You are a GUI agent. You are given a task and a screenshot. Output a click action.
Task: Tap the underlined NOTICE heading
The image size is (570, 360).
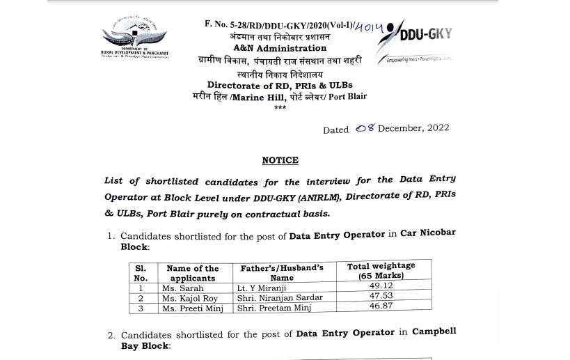(x=280, y=161)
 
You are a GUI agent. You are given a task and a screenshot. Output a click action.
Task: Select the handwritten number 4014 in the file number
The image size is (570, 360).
(x=369, y=26)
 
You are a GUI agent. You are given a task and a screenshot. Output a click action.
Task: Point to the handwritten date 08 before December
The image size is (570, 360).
(x=365, y=128)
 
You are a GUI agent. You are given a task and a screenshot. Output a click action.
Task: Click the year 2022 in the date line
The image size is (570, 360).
(x=435, y=128)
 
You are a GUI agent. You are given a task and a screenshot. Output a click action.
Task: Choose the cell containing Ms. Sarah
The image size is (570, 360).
(x=183, y=288)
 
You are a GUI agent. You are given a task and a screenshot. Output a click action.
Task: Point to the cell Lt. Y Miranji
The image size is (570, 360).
(x=262, y=288)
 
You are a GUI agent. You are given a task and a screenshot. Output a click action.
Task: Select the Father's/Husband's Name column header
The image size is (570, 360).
(x=282, y=272)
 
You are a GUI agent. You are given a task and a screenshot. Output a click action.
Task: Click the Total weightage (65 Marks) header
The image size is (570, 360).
(x=381, y=270)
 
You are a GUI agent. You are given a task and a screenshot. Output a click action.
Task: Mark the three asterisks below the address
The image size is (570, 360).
(x=280, y=108)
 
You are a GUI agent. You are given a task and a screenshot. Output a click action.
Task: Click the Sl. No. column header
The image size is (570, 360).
(x=140, y=272)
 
